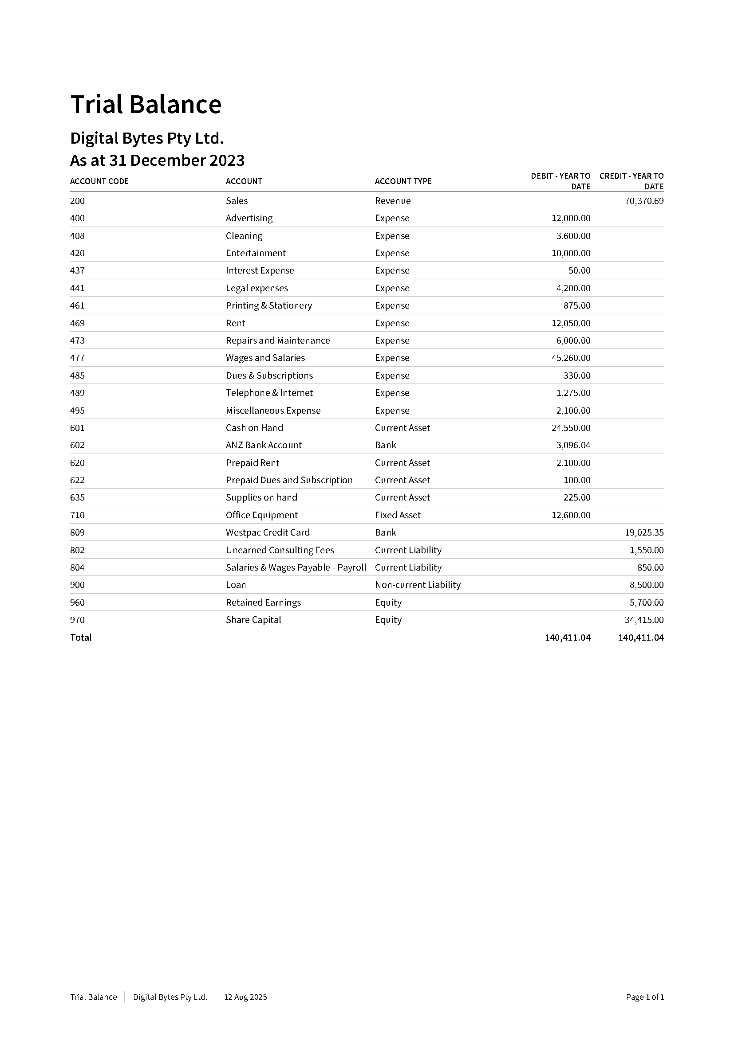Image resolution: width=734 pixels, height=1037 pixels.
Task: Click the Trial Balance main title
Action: coord(146,104)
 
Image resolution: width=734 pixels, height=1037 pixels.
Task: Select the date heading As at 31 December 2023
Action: coord(157,160)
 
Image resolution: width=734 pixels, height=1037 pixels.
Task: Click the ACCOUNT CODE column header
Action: coord(99,181)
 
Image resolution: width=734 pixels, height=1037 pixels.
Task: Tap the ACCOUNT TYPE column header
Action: coord(403,181)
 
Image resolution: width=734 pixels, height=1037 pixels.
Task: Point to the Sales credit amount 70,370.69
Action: coord(643,201)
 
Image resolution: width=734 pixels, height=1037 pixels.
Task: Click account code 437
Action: coord(77,270)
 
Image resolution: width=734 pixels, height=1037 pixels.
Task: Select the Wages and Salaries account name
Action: coord(265,358)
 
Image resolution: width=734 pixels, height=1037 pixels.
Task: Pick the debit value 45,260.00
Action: coord(570,358)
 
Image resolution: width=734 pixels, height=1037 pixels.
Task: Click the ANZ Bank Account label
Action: coord(264,445)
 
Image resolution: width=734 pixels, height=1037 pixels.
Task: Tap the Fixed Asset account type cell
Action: coord(397,515)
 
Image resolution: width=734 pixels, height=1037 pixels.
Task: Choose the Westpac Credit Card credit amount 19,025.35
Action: coord(643,532)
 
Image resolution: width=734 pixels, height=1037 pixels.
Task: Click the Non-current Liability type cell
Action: coord(417,585)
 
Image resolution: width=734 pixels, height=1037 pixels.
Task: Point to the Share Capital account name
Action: coord(253,620)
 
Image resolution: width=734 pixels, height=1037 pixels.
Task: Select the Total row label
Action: coord(80,637)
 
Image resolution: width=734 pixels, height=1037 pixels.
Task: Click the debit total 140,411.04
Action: coord(567,637)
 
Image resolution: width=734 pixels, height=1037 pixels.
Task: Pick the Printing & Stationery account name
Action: coord(268,305)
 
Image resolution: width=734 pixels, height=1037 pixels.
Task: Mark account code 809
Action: coord(77,532)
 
